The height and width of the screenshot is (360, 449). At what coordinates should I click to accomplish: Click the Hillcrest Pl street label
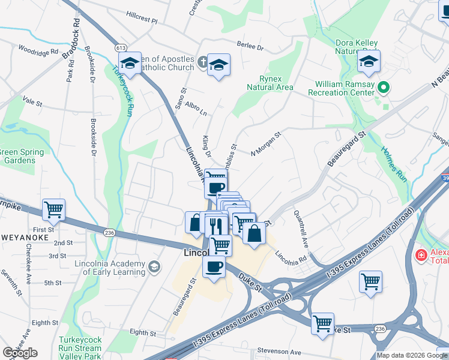point(137,21)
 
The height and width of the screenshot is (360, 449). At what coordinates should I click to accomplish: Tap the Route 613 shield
point(121,47)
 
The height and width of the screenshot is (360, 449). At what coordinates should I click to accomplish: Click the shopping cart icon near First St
point(54,210)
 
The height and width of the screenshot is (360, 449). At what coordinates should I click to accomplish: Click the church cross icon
point(202,61)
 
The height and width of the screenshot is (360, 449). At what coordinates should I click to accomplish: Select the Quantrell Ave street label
point(301,229)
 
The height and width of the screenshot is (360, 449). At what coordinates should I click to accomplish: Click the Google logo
point(20,353)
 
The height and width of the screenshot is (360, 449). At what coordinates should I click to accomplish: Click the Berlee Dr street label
point(250,46)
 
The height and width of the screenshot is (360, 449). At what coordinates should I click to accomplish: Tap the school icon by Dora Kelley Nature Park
point(369,62)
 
